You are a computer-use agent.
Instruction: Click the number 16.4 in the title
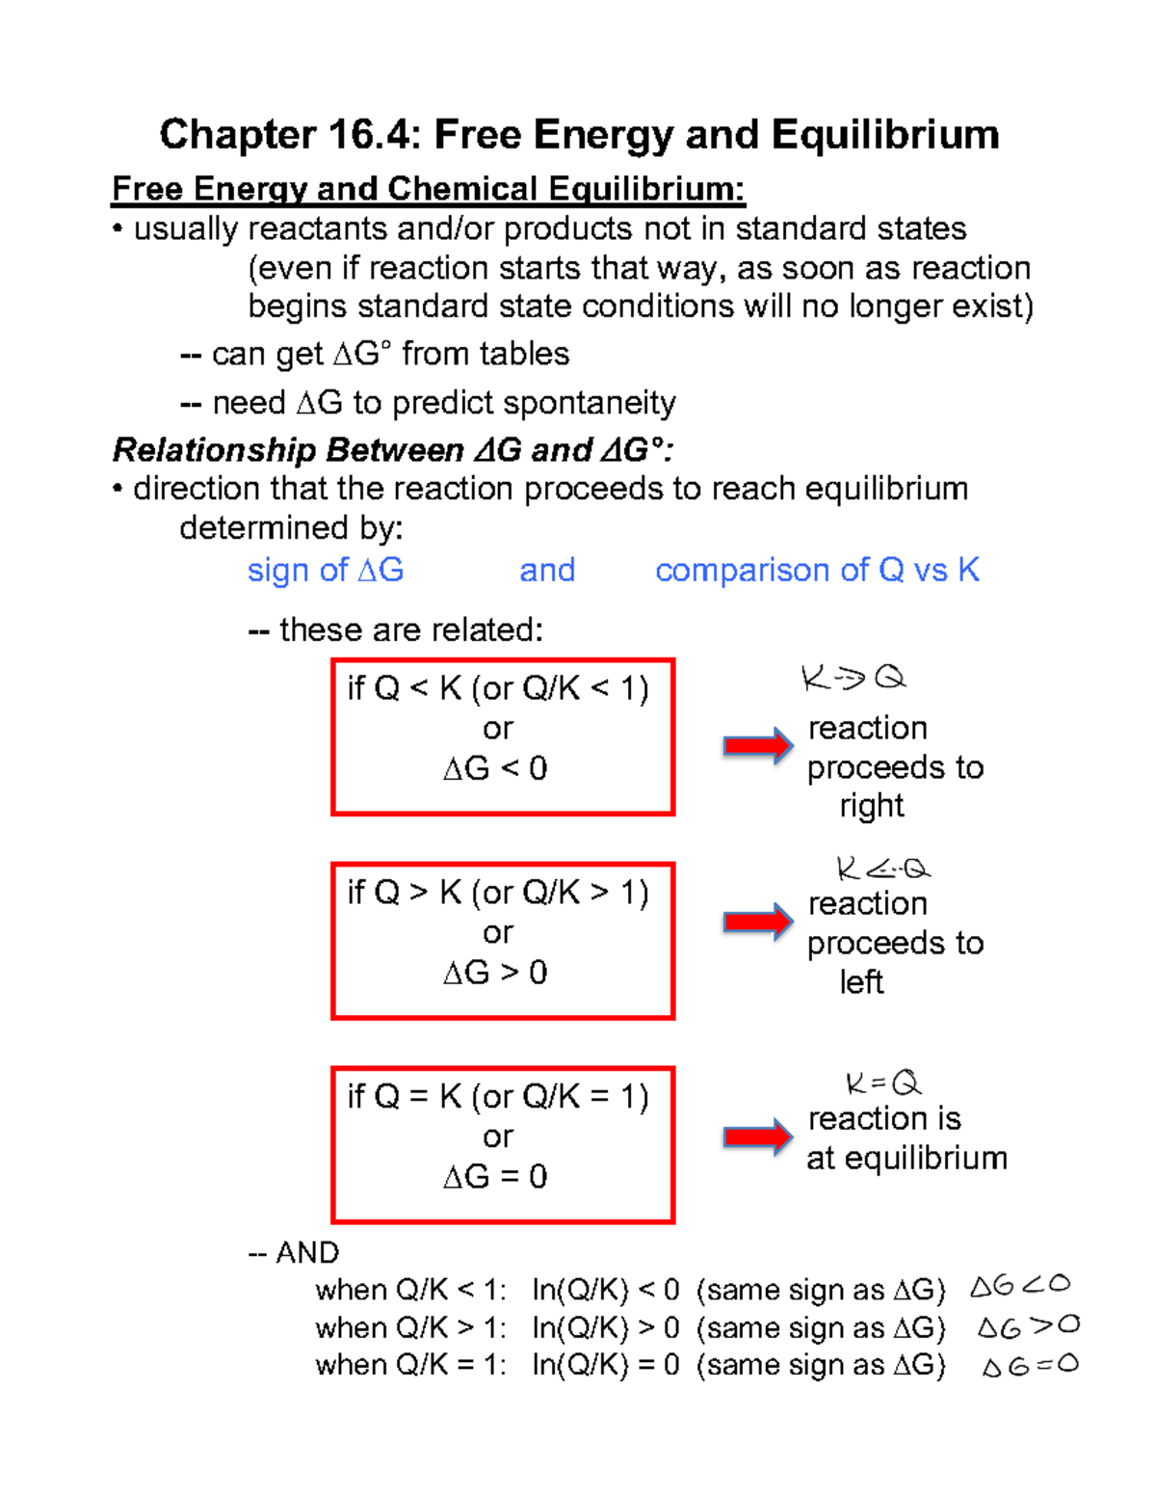point(374,135)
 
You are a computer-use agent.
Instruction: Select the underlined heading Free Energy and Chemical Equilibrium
point(429,189)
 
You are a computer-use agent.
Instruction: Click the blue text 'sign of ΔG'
point(326,571)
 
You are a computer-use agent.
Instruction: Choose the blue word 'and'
point(547,571)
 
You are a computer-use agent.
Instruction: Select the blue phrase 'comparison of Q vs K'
point(817,571)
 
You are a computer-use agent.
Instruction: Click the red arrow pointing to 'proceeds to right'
point(758,746)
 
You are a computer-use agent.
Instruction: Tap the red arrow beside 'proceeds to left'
point(758,922)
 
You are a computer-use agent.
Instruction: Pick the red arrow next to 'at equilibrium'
point(758,1137)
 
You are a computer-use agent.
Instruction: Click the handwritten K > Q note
point(854,679)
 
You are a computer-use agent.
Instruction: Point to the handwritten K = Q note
point(883,1083)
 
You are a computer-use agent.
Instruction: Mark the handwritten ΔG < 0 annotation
point(1020,1286)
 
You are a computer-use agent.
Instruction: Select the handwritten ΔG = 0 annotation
point(1030,1366)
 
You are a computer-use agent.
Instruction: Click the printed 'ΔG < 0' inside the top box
point(495,769)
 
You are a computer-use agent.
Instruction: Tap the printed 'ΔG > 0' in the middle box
point(495,973)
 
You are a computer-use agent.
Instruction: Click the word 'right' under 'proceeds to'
point(872,806)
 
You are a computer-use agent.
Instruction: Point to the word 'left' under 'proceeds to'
point(861,982)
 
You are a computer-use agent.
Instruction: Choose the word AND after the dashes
point(307,1253)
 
